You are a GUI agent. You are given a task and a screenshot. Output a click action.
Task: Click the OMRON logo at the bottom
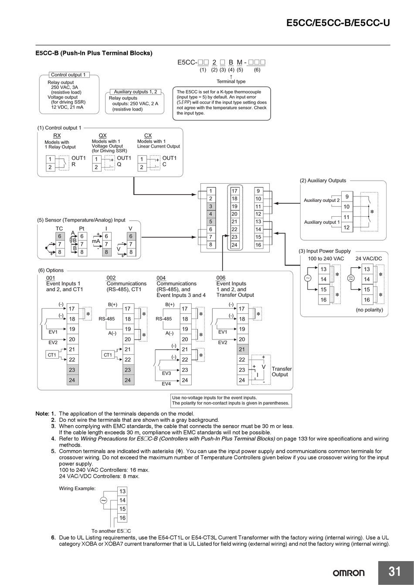(x=349, y=573)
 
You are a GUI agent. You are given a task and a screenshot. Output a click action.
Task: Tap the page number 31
(x=394, y=571)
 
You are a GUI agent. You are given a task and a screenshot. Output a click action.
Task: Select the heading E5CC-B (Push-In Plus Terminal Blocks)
(x=94, y=53)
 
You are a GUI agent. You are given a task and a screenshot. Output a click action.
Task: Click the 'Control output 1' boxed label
(x=68, y=75)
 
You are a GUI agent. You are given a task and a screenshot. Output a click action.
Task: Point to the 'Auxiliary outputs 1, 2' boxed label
(x=135, y=92)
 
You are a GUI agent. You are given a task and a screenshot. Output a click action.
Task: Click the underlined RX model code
(x=57, y=136)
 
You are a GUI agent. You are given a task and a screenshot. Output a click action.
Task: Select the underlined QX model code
(x=102, y=136)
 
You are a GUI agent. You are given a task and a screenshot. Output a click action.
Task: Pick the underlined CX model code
(x=148, y=136)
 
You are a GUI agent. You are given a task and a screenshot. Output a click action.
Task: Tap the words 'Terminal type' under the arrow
(x=231, y=81)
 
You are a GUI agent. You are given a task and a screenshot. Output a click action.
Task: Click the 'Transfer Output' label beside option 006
(x=281, y=372)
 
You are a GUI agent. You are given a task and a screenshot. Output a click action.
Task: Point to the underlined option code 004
(x=161, y=278)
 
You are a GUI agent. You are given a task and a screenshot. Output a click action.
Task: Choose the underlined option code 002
(x=111, y=278)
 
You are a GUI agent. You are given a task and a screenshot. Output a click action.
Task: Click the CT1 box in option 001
(x=52, y=355)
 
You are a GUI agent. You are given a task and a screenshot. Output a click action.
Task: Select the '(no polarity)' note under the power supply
(x=369, y=310)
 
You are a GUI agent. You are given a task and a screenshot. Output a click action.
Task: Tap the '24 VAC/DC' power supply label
(x=368, y=259)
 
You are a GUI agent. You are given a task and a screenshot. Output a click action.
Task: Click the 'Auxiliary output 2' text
(x=322, y=200)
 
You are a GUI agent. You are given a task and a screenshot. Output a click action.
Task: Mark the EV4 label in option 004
(x=166, y=383)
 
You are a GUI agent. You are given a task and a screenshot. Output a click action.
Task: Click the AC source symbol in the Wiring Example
(x=104, y=501)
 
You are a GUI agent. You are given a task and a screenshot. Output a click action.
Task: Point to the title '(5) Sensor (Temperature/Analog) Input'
(x=81, y=220)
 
